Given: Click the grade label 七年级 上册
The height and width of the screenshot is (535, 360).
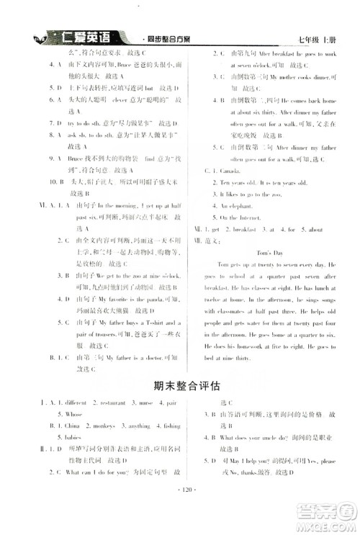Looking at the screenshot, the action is [x=316, y=38].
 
